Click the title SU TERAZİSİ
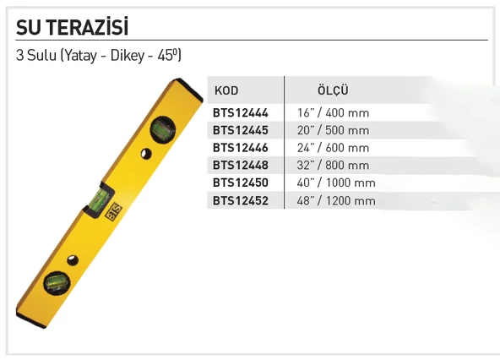click(72, 28)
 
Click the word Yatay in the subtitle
click(79, 57)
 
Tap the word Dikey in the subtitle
click(126, 57)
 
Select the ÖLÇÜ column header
click(333, 90)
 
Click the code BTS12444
click(241, 112)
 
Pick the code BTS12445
click(241, 130)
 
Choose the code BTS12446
click(241, 148)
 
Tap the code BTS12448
click(241, 166)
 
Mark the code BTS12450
click(241, 183)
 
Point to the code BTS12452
click(241, 201)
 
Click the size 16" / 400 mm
click(333, 112)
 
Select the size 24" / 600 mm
click(333, 148)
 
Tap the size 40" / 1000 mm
click(336, 183)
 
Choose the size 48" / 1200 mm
click(336, 201)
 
